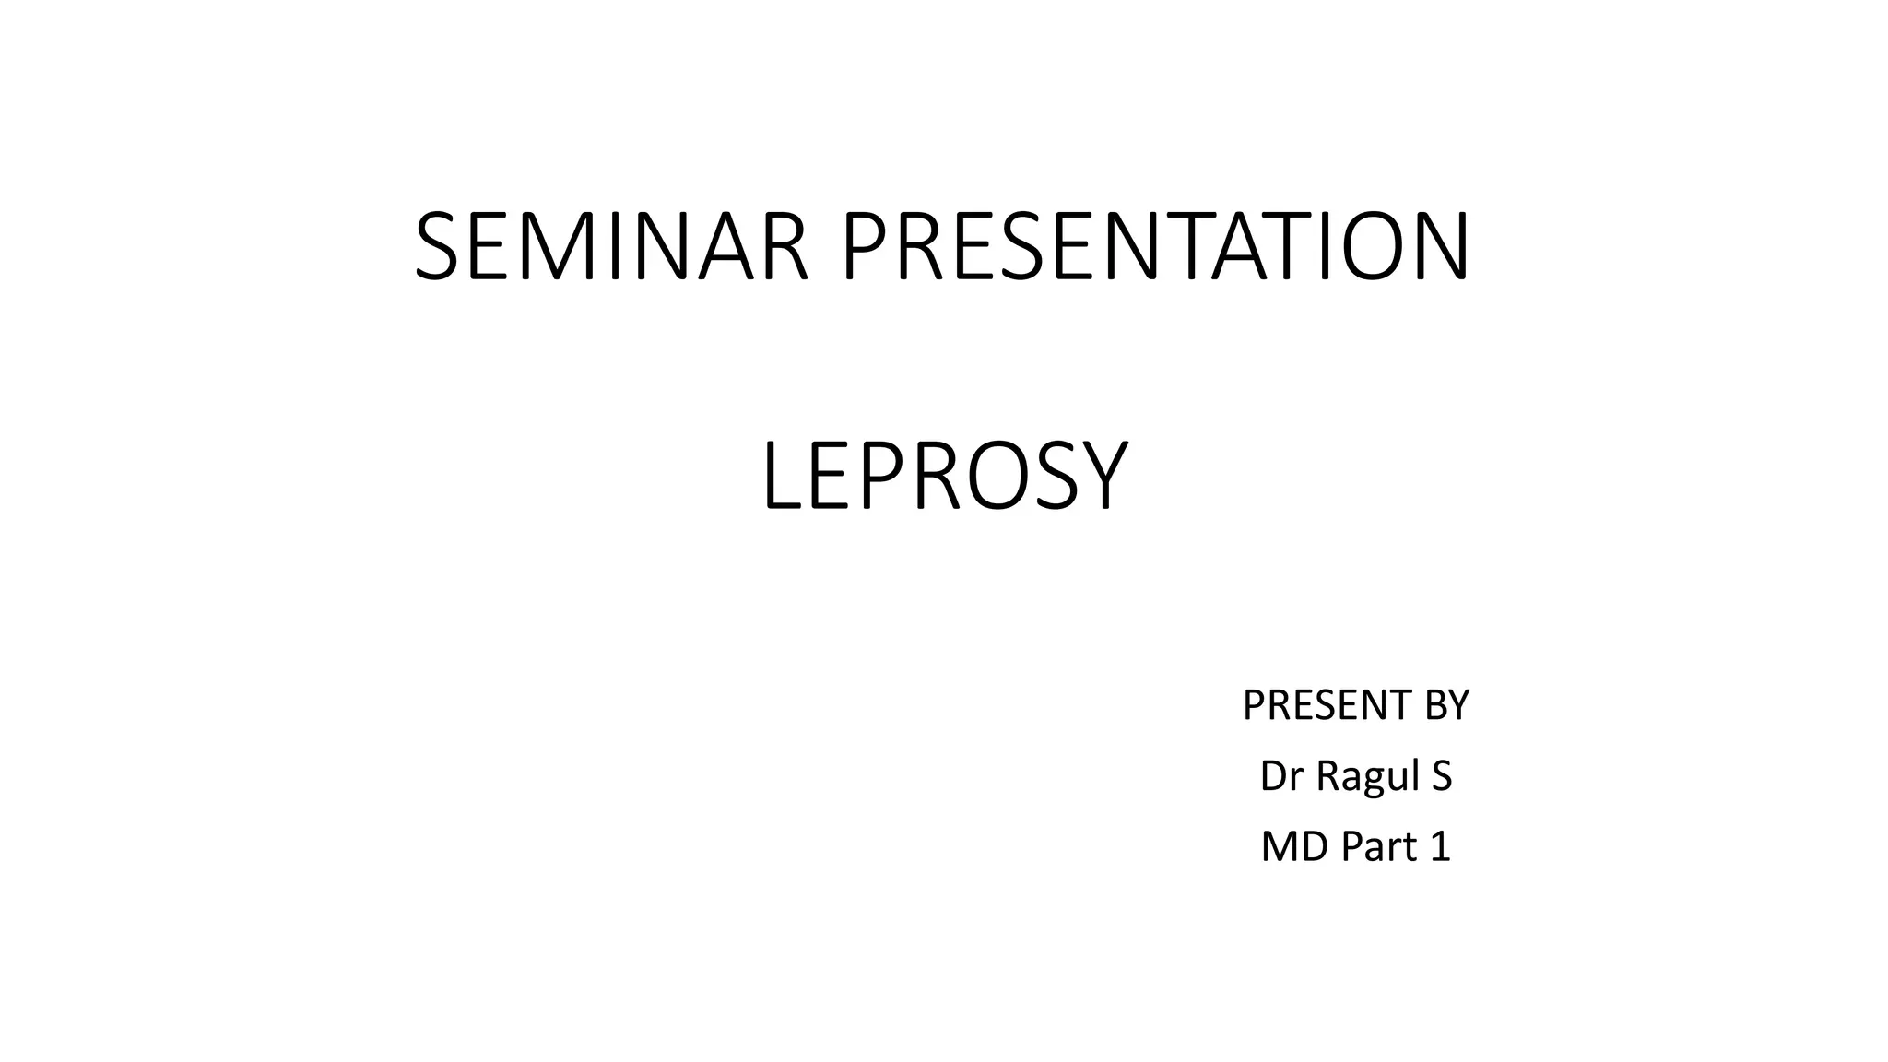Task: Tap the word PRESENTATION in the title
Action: click(x=1156, y=247)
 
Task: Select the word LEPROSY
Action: click(x=944, y=477)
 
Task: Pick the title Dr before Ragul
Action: click(x=1281, y=776)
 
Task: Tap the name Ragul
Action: click(x=1367, y=777)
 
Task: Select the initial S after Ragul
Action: click(x=1442, y=776)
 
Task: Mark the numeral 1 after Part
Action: click(x=1441, y=846)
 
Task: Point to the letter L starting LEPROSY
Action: click(x=780, y=477)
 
